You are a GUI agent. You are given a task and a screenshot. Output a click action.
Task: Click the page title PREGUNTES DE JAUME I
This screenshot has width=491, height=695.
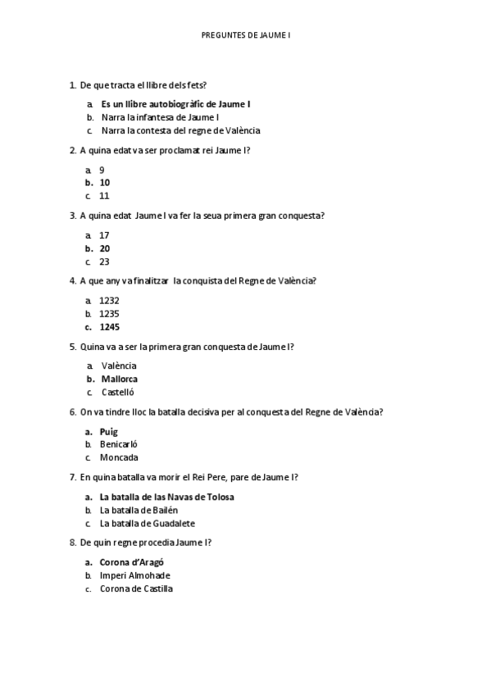point(245,35)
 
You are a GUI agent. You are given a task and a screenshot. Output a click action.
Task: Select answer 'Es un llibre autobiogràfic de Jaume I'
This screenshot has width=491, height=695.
point(175,104)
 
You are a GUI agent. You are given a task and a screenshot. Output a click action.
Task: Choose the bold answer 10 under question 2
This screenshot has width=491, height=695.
point(105,183)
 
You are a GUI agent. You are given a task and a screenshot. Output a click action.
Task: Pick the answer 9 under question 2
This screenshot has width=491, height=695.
point(102,170)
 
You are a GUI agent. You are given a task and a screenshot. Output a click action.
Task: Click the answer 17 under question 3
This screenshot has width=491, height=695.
point(104,235)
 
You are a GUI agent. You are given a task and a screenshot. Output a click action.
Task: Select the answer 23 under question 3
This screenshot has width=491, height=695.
point(104,261)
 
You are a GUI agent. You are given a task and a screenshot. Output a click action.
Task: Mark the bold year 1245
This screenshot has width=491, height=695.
point(109,327)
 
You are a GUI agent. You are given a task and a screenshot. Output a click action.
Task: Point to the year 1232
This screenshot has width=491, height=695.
point(109,301)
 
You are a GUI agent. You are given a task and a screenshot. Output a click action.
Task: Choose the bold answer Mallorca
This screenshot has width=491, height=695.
point(119,379)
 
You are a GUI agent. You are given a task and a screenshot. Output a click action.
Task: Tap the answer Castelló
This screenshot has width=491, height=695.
point(119,392)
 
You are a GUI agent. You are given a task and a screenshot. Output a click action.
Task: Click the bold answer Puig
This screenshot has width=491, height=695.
point(109,431)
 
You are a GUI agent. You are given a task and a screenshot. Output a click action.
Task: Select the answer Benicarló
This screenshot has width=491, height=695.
point(119,444)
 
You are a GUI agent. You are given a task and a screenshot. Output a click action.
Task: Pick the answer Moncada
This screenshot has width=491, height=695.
point(119,457)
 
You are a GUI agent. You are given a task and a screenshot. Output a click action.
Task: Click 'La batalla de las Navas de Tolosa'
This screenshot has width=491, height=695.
point(172,497)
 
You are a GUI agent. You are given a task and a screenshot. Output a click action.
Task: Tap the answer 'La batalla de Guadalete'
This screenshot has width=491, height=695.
point(148,523)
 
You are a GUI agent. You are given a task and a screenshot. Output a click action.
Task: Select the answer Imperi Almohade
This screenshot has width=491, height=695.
point(134,575)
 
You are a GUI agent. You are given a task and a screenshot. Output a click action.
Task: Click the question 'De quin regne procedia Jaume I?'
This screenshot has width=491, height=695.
point(146,543)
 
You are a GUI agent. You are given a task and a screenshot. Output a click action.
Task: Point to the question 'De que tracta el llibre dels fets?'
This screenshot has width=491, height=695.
point(143,84)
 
